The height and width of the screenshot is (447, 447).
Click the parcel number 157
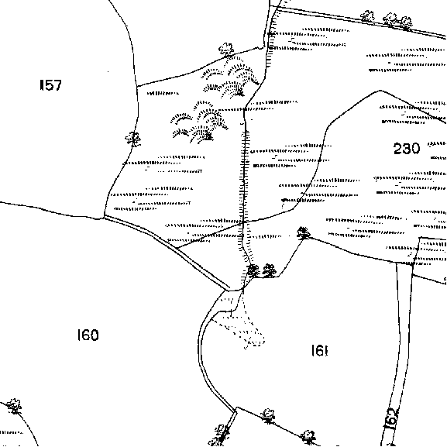pos(50,85)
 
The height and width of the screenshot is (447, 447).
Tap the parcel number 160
pos(88,335)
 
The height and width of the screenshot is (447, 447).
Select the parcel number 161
pos(320,350)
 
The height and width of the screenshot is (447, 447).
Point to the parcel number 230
pos(407,148)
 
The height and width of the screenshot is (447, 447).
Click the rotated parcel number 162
pos(390,418)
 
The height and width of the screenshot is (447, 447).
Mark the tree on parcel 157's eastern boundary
pos(133,139)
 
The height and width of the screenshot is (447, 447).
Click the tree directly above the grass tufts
pos(226,50)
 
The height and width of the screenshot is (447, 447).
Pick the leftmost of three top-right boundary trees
pos(367,16)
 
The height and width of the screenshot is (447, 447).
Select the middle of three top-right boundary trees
pos(390,19)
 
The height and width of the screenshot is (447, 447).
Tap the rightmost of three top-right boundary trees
pos(406,22)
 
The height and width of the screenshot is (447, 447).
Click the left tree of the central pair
pos(253,270)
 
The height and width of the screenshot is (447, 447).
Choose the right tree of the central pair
pos(270,270)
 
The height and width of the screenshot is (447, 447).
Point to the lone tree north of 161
pos(304,233)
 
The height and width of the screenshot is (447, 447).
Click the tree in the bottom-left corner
pos(14,406)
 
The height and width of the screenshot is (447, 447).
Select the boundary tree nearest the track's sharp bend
pos(268,416)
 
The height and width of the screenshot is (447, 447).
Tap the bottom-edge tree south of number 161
pos(308,437)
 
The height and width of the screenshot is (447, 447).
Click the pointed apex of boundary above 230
pos(380,91)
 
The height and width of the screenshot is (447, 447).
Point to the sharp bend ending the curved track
pos(236,410)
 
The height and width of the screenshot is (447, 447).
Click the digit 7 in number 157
pos(57,85)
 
